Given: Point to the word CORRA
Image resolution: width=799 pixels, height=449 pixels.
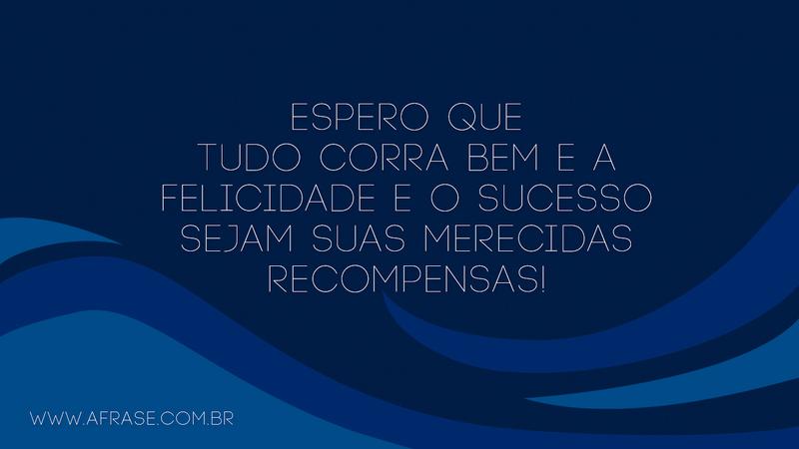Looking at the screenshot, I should (x=365, y=157).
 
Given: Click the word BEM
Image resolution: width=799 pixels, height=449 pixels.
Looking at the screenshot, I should (x=486, y=157).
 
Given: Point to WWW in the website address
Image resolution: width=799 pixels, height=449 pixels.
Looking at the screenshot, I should (x=58, y=418).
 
